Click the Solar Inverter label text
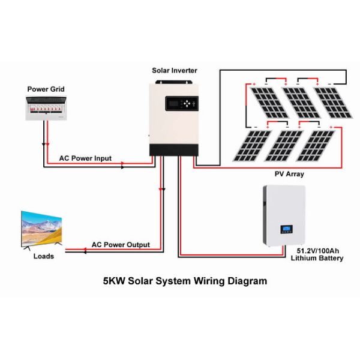173,71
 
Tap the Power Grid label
46,89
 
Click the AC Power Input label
85,158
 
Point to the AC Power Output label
120,245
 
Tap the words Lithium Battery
317,259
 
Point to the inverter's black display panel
182,103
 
